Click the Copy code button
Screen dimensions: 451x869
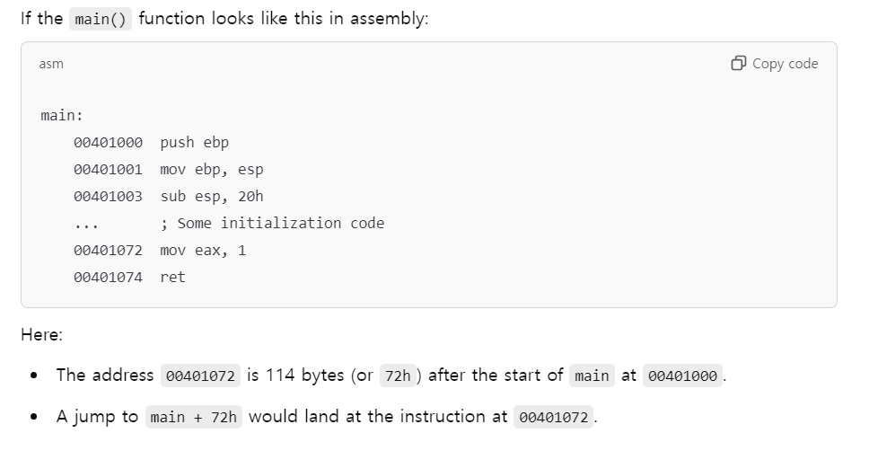[775, 64]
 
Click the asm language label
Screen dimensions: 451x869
[51, 64]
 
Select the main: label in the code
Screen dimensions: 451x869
[62, 115]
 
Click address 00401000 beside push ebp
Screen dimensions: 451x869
[108, 142]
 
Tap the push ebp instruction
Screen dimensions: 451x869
[195, 142]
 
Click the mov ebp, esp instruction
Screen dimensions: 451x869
[212, 169]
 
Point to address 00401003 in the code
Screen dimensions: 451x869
[108, 196]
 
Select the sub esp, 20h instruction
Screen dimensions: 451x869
[212, 196]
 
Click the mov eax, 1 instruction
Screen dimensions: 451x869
[203, 250]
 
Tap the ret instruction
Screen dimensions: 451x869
[172, 277]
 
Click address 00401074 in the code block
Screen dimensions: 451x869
[108, 277]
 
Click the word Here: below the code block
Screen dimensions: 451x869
[41, 335]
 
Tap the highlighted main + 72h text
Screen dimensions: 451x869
[193, 417]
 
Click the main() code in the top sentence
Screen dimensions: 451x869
[101, 20]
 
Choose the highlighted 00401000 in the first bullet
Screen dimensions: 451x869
[682, 376]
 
